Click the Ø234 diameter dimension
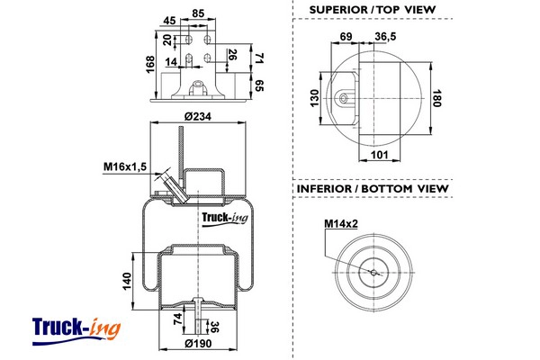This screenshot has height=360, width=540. [198, 116]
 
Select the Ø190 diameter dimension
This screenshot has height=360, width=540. [198, 344]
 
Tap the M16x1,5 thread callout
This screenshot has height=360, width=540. [125, 166]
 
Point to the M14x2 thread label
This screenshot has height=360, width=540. [341, 224]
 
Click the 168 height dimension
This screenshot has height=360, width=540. [150, 65]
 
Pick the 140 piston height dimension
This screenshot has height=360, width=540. [127, 281]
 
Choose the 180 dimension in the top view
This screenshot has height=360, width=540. [436, 98]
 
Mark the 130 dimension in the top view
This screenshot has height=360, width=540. [314, 98]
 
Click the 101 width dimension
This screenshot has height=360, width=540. [379, 155]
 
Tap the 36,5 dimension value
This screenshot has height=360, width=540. [385, 36]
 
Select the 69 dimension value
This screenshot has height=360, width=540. [346, 36]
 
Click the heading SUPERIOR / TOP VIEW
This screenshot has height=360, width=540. [373, 10]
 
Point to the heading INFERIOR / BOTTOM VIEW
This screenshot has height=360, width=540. [373, 188]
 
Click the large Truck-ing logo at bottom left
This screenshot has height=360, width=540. [76, 330]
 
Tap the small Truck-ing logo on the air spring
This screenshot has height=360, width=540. [224, 219]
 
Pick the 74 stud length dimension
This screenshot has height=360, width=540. [177, 319]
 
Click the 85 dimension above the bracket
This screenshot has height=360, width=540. [198, 13]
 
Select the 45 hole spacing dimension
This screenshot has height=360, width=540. [169, 21]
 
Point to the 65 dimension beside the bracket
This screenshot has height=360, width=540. [260, 85]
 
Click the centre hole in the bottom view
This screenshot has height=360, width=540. [374, 273]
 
